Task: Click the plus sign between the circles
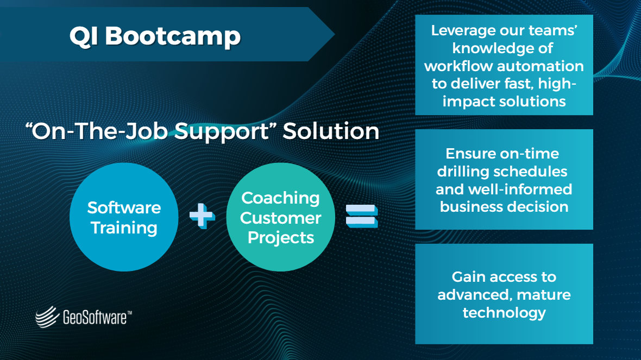point(202,217)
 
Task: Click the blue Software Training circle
point(124,217)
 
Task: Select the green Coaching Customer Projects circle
point(280,217)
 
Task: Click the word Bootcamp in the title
point(172,36)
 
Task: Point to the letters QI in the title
point(84,36)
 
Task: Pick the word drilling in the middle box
point(464,172)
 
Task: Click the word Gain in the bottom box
point(469,277)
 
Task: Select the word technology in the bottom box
point(504,313)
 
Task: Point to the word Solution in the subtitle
point(331,132)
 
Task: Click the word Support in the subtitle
point(223,132)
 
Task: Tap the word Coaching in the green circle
point(280,198)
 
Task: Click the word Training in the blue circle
point(124,228)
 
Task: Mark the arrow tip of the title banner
point(332,34)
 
